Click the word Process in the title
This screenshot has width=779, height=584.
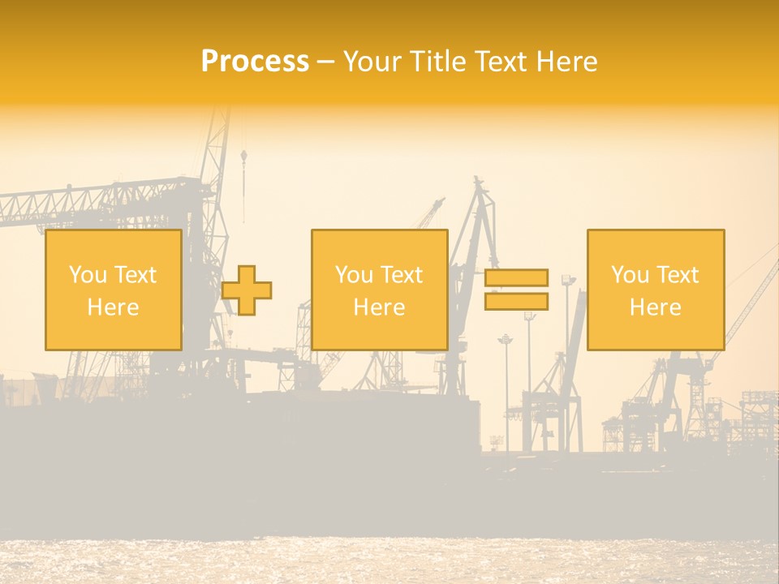(255, 62)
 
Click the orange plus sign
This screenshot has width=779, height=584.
(247, 290)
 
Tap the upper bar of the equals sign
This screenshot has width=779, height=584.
(516, 277)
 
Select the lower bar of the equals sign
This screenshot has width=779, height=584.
(516, 302)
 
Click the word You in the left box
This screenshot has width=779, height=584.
(87, 275)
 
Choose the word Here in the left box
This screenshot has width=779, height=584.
(113, 307)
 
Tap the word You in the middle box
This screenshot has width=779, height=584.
(354, 275)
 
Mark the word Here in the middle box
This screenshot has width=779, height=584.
(379, 307)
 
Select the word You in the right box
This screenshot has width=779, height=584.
(630, 275)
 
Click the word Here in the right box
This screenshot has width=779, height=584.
(655, 307)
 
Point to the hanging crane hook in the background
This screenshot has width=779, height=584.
(243, 154)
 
